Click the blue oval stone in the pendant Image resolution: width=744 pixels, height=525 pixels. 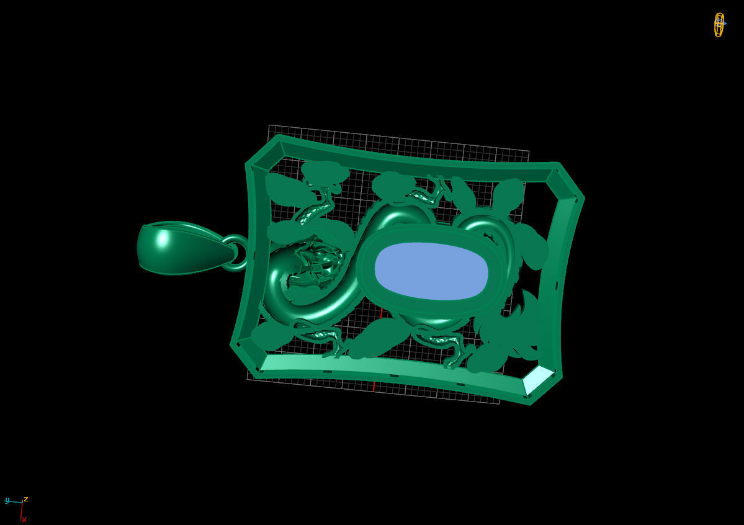[x=431, y=271]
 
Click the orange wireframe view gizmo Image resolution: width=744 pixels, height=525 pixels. [x=719, y=25]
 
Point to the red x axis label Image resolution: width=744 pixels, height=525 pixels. [x=24, y=519]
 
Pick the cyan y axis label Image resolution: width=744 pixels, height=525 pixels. [x=7, y=500]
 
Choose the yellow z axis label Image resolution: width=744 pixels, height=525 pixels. [x=26, y=498]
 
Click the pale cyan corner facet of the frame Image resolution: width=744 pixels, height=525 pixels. [x=537, y=379]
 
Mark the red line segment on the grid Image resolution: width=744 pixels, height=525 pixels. [x=374, y=385]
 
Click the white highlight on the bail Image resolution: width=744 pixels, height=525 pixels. [x=163, y=238]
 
